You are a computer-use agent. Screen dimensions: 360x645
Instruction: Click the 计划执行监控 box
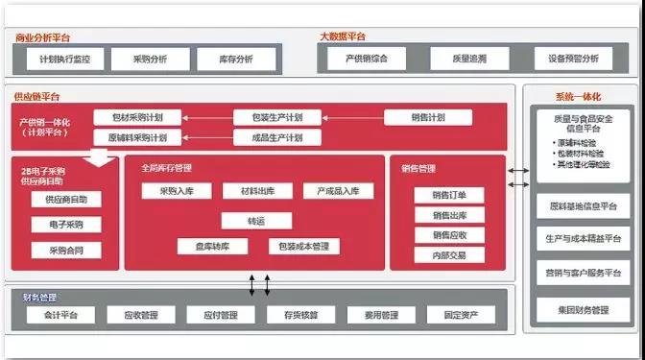[x=64, y=59]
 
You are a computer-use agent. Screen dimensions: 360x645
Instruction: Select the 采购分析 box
[x=150, y=59]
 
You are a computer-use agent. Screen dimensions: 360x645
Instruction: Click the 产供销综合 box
[x=368, y=59]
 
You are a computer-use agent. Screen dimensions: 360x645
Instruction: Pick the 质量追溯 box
[x=470, y=59]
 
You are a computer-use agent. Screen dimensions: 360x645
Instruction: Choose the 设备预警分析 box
[x=573, y=59]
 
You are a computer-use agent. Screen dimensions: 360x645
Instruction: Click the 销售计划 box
[x=429, y=117]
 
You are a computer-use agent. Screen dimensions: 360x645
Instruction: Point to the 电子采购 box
[x=65, y=225]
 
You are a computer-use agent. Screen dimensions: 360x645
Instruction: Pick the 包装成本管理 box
[x=302, y=247]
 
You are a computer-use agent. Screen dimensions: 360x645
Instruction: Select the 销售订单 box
[x=449, y=195]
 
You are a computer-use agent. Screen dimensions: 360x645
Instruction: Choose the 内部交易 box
[x=449, y=255]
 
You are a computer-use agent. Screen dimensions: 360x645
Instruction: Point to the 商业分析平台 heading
[x=43, y=37]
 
